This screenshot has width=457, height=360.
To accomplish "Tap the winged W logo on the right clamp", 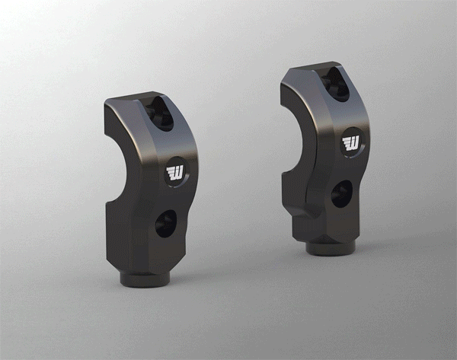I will (x=352, y=144).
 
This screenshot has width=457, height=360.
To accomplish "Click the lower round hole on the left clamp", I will (x=165, y=223).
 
